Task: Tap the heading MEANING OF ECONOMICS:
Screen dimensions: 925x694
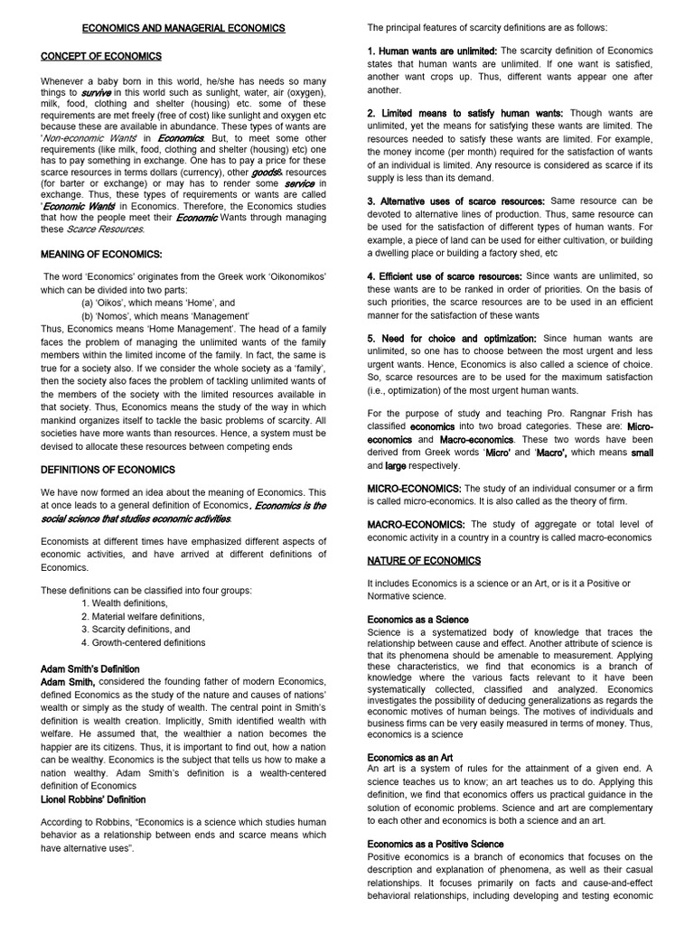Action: [x=101, y=254]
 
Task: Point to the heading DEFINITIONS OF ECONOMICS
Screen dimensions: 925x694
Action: [x=108, y=470]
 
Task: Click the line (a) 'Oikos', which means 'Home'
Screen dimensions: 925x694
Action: [x=157, y=304]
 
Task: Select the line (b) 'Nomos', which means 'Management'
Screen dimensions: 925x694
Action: [x=164, y=316]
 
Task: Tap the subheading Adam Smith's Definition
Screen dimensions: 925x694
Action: [x=90, y=668]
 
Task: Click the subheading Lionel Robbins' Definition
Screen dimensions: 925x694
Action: [x=93, y=799]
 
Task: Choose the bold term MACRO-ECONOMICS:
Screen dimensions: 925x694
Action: [x=416, y=525]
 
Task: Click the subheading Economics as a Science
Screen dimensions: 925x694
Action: [x=417, y=620]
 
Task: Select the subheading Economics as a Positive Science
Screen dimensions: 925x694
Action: [x=436, y=844]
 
